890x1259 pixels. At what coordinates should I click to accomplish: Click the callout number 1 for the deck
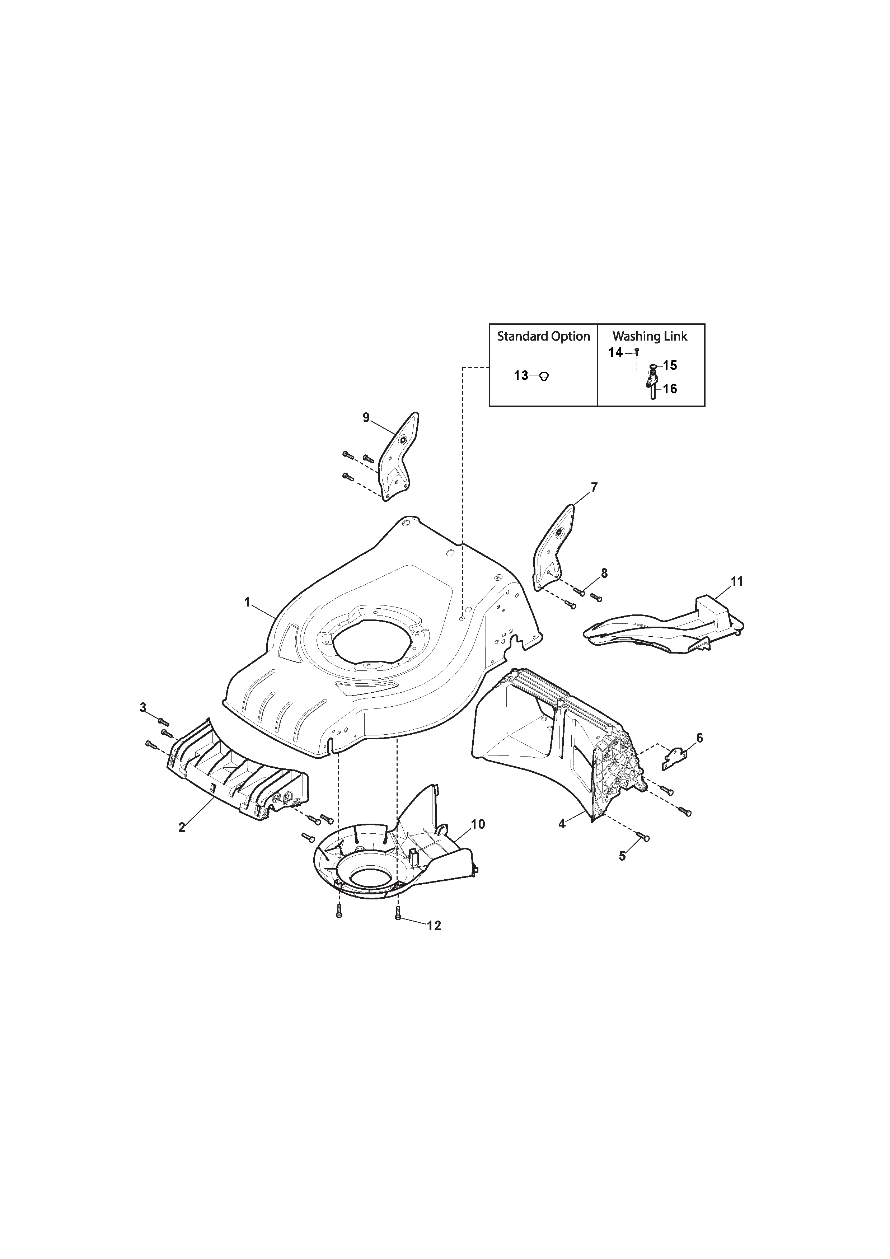(247, 602)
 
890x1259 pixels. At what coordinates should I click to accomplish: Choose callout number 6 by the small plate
(700, 738)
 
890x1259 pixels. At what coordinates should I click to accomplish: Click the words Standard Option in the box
(543, 336)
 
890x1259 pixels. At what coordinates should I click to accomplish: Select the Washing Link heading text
(650, 336)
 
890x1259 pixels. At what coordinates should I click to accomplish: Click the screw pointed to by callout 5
(643, 852)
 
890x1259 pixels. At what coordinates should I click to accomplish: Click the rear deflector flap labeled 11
(664, 625)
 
